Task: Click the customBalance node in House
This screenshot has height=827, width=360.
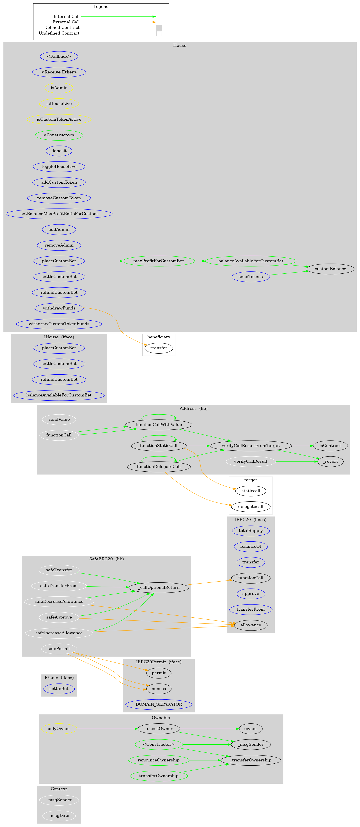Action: (x=330, y=269)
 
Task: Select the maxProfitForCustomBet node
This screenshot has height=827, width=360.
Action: (x=159, y=261)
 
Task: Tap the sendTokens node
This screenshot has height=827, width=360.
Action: (x=250, y=276)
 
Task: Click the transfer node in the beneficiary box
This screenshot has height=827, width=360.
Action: (x=159, y=348)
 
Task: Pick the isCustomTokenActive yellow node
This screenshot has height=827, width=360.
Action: (x=59, y=119)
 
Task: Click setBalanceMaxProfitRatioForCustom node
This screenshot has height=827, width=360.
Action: (x=59, y=214)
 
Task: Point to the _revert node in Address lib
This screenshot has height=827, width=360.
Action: (x=330, y=461)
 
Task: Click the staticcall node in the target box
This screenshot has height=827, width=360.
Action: (x=250, y=491)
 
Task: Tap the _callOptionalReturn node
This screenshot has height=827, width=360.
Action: (x=159, y=587)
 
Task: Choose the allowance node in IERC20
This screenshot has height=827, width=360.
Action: (x=250, y=625)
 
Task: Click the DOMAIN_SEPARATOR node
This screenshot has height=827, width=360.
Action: (x=159, y=704)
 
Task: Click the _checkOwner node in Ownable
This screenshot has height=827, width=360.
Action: (x=159, y=728)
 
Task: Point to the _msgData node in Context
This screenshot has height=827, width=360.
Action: (x=59, y=815)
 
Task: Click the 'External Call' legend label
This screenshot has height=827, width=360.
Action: (x=66, y=22)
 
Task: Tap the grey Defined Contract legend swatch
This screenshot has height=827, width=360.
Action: (x=159, y=28)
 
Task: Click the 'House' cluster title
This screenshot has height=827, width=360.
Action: (x=180, y=45)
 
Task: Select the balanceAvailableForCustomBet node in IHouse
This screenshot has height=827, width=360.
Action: (x=59, y=395)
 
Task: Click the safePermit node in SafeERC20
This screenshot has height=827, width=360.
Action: (x=59, y=648)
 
